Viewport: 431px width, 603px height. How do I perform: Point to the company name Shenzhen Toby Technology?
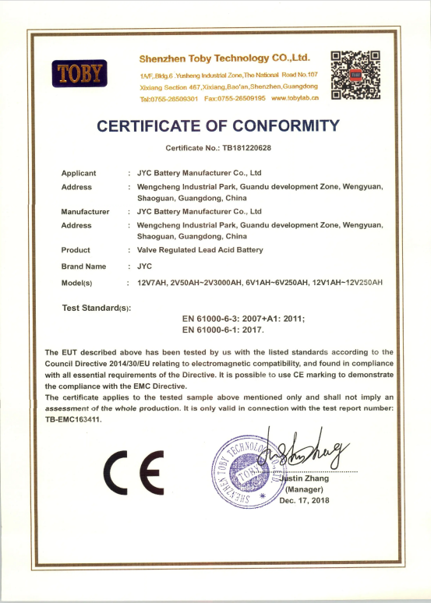click(x=224, y=58)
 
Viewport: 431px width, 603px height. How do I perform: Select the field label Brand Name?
click(x=83, y=266)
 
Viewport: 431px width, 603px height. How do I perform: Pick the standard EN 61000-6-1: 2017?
click(x=223, y=330)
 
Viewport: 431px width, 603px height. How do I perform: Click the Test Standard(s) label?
click(x=96, y=309)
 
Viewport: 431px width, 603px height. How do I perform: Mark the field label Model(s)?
click(x=77, y=282)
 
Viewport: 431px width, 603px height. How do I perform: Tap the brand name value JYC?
click(x=143, y=266)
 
